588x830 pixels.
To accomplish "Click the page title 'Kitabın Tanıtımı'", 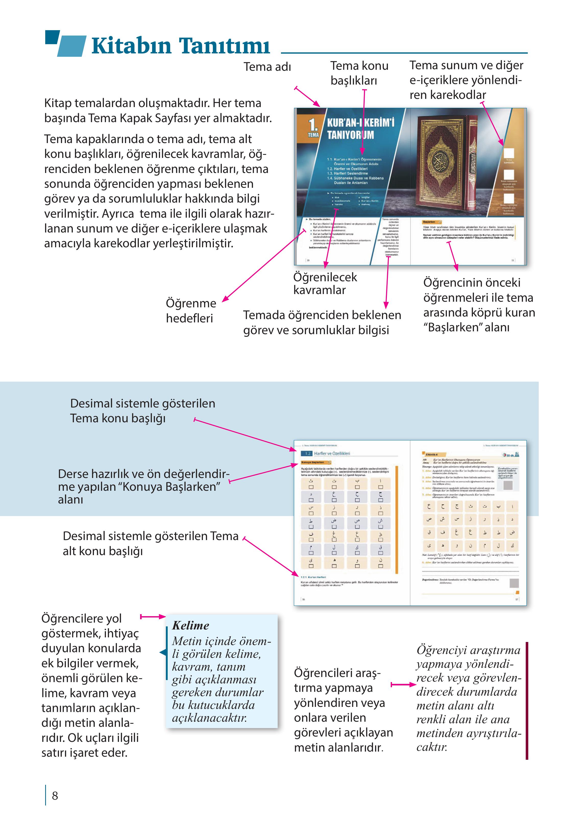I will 180,46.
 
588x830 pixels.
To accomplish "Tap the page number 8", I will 55,796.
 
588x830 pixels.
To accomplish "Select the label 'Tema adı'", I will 267,67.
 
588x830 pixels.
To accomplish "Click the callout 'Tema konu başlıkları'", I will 359,73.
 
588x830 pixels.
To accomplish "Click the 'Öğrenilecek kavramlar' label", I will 325,283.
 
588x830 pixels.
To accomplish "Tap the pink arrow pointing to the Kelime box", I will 152,616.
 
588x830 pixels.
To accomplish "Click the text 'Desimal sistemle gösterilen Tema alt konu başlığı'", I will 150,543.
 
